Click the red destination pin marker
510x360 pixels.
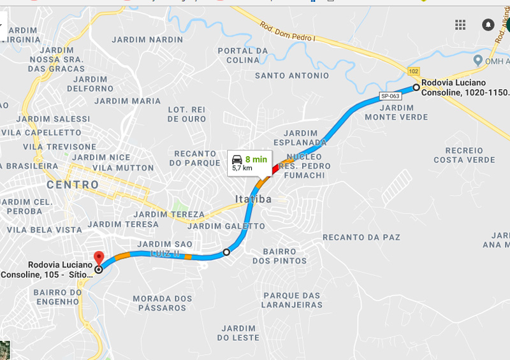click(99, 258)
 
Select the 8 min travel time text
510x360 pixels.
click(256, 159)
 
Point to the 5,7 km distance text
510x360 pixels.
click(242, 168)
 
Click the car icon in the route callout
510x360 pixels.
click(237, 159)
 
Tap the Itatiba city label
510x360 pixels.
click(253, 199)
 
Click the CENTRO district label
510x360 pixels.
click(73, 185)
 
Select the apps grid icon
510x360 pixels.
click(460, 25)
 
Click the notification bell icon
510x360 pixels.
click(488, 25)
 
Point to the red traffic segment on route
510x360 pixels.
click(275, 168)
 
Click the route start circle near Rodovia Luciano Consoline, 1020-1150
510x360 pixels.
click(416, 87)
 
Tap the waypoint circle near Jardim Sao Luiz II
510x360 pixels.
click(226, 253)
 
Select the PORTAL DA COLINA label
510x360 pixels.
click(243, 55)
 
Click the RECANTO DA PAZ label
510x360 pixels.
click(361, 237)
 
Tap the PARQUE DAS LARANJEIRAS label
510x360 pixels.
click(293, 300)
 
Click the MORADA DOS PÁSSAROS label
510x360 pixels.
click(162, 303)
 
